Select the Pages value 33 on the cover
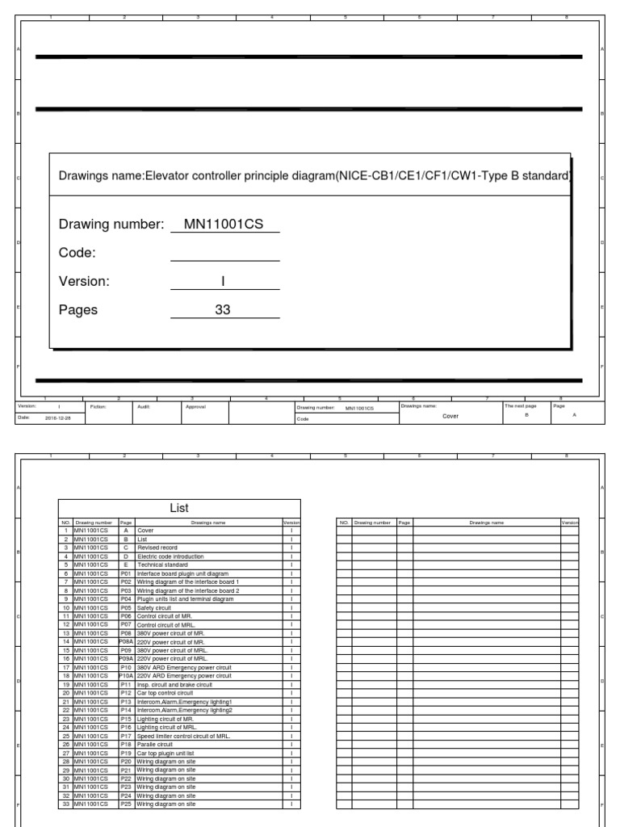click(x=224, y=309)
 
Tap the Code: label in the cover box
click(x=77, y=253)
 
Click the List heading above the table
click(x=179, y=508)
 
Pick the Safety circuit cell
click(x=153, y=607)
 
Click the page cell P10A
click(x=126, y=675)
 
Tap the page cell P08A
click(x=126, y=641)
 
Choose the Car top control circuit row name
click(x=165, y=693)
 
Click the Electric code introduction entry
click(x=170, y=556)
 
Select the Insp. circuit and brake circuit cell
click(x=170, y=684)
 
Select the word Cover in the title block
click(x=450, y=416)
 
